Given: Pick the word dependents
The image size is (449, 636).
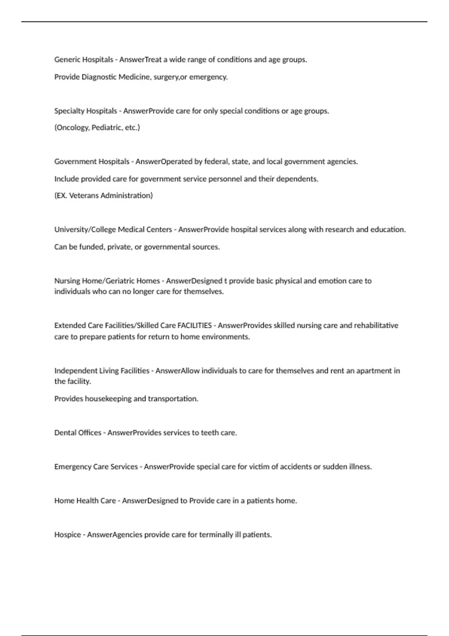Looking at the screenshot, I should (x=297, y=179).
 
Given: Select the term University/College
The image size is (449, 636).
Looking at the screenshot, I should (x=85, y=230).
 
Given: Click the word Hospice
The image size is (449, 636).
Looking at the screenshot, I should (x=67, y=535).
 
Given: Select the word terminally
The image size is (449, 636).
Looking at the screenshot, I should (x=216, y=535).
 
